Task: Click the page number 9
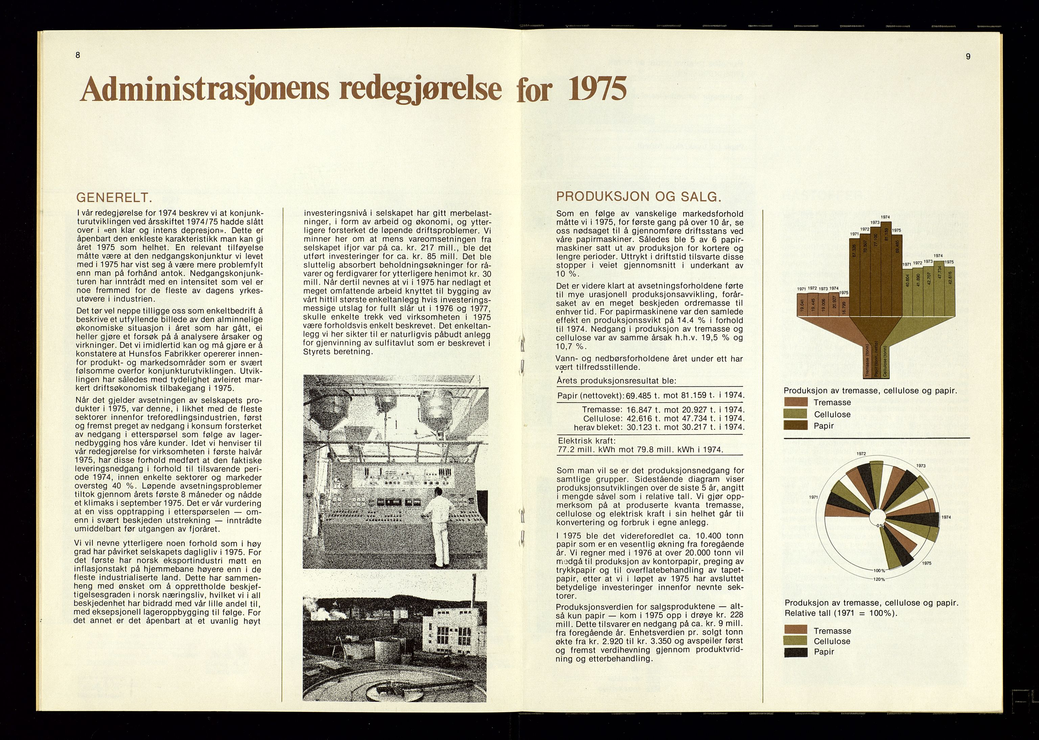coord(967,56)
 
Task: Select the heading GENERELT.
coord(113,198)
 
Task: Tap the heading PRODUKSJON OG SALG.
coord(639,197)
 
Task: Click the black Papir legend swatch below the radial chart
coord(795,652)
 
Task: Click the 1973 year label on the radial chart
coord(921,466)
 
